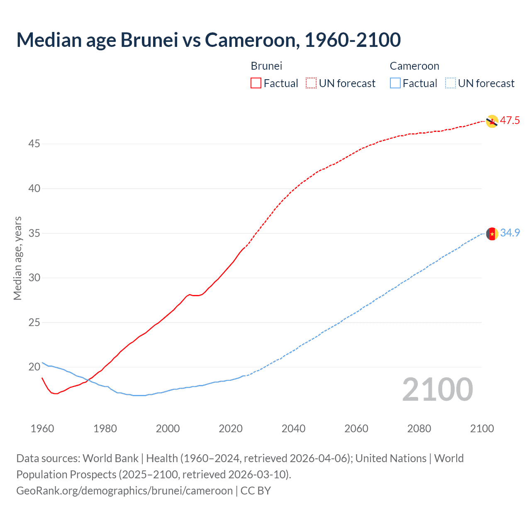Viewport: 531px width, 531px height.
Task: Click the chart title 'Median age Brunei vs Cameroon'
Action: click(x=208, y=40)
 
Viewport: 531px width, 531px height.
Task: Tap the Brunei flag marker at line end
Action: click(x=492, y=121)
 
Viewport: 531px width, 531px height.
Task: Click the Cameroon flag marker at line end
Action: click(x=492, y=234)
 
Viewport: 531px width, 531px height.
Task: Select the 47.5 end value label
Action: click(x=510, y=121)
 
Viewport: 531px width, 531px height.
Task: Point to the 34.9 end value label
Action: click(x=510, y=233)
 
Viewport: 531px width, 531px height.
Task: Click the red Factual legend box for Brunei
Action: click(x=256, y=83)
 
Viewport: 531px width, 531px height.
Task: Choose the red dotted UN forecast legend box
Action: click(x=311, y=83)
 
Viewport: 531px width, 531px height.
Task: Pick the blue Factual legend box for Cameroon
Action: click(x=395, y=83)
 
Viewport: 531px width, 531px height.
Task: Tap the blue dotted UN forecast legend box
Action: click(x=450, y=83)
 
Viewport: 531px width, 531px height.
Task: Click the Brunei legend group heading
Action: click(x=266, y=66)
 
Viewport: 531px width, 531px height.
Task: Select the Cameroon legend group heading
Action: click(x=414, y=66)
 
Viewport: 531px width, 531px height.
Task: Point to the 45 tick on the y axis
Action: click(x=34, y=144)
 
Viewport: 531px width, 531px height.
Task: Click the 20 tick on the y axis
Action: click(x=34, y=367)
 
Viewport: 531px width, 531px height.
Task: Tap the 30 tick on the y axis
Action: click(x=34, y=278)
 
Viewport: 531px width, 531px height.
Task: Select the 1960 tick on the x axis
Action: click(x=42, y=429)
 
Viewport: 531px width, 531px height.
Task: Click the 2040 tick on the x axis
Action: click(x=293, y=429)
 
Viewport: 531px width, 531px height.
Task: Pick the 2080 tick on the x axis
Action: click(x=419, y=429)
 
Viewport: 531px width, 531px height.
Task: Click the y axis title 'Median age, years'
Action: click(x=17, y=258)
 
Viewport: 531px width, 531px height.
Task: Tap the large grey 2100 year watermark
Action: click(x=437, y=390)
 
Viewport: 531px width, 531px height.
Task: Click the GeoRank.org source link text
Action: click(x=124, y=491)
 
